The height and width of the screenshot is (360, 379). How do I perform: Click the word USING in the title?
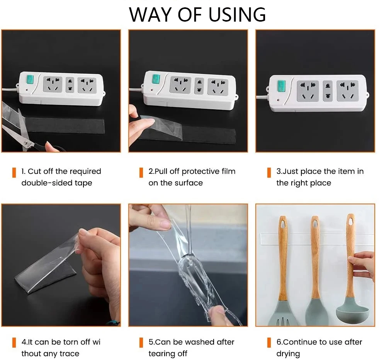tap(237, 15)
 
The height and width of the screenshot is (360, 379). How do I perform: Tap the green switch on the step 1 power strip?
tap(30, 80)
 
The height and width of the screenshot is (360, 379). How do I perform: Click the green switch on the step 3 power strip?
tap(281, 87)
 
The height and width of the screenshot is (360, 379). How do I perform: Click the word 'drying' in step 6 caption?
tap(288, 354)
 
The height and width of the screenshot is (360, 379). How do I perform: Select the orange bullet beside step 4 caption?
tap(14, 343)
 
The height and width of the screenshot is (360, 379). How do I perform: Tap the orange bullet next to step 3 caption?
tap(269, 173)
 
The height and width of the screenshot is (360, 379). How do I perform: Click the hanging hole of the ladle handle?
tap(351, 221)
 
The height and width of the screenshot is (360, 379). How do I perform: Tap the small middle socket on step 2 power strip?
tap(199, 86)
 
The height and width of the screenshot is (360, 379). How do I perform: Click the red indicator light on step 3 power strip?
tap(278, 100)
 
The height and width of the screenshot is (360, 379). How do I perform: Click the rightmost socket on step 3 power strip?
tap(347, 91)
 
